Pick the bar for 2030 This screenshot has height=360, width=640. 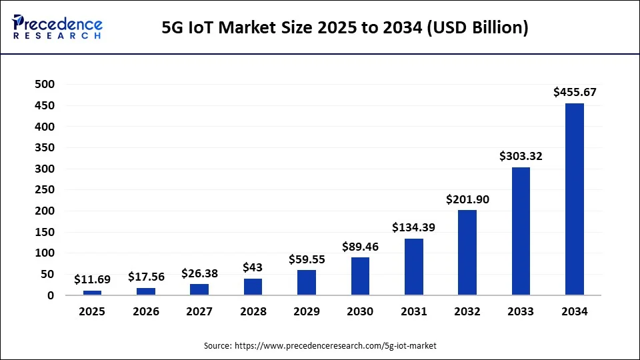pos(360,276)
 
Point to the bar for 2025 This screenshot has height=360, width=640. pos(92,292)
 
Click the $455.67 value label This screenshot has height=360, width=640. pos(575,93)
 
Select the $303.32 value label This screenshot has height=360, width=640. pos(521,157)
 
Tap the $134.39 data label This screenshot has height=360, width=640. pos(413,228)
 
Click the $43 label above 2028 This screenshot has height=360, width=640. pos(253,267)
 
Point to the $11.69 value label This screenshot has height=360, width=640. pos(92,279)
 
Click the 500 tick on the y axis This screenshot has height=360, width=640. pos(45,84)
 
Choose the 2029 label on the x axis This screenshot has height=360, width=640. pos(307,311)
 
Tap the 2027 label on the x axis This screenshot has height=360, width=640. pos(199,311)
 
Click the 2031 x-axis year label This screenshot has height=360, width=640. pos(413,311)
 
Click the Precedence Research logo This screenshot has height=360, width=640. pos(57,27)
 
